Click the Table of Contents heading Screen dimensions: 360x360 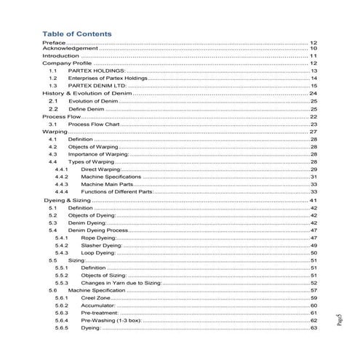tap(77, 33)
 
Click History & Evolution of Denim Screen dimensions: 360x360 tap(88, 94)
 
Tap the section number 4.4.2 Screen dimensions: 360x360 tap(62, 177)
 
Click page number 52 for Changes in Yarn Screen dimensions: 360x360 tap(313, 283)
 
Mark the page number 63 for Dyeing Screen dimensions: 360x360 tap(313, 328)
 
